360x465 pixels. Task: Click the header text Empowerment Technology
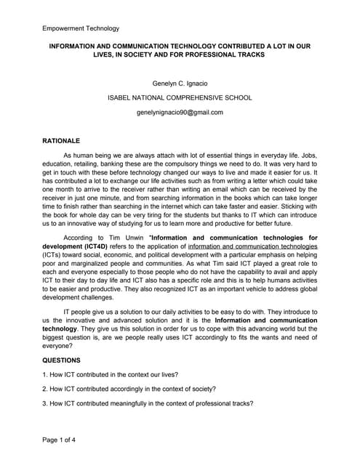click(80, 28)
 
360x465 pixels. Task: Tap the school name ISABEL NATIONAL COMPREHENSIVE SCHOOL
click(180, 97)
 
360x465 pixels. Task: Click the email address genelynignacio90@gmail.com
click(180, 112)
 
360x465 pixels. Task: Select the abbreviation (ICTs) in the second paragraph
click(53, 255)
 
